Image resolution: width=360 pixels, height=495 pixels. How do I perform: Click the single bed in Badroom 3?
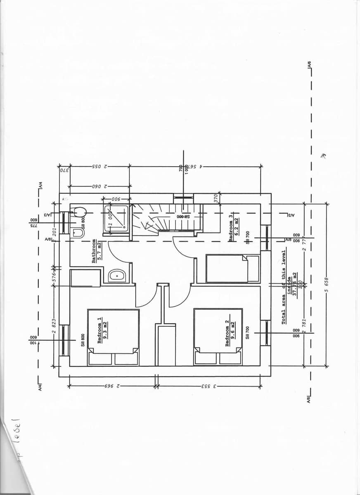point(232,269)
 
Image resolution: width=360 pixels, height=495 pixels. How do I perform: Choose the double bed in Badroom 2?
point(218,337)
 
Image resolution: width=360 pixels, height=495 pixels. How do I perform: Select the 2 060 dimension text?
point(100,186)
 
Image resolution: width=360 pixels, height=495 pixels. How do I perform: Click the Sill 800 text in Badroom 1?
point(83,340)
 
